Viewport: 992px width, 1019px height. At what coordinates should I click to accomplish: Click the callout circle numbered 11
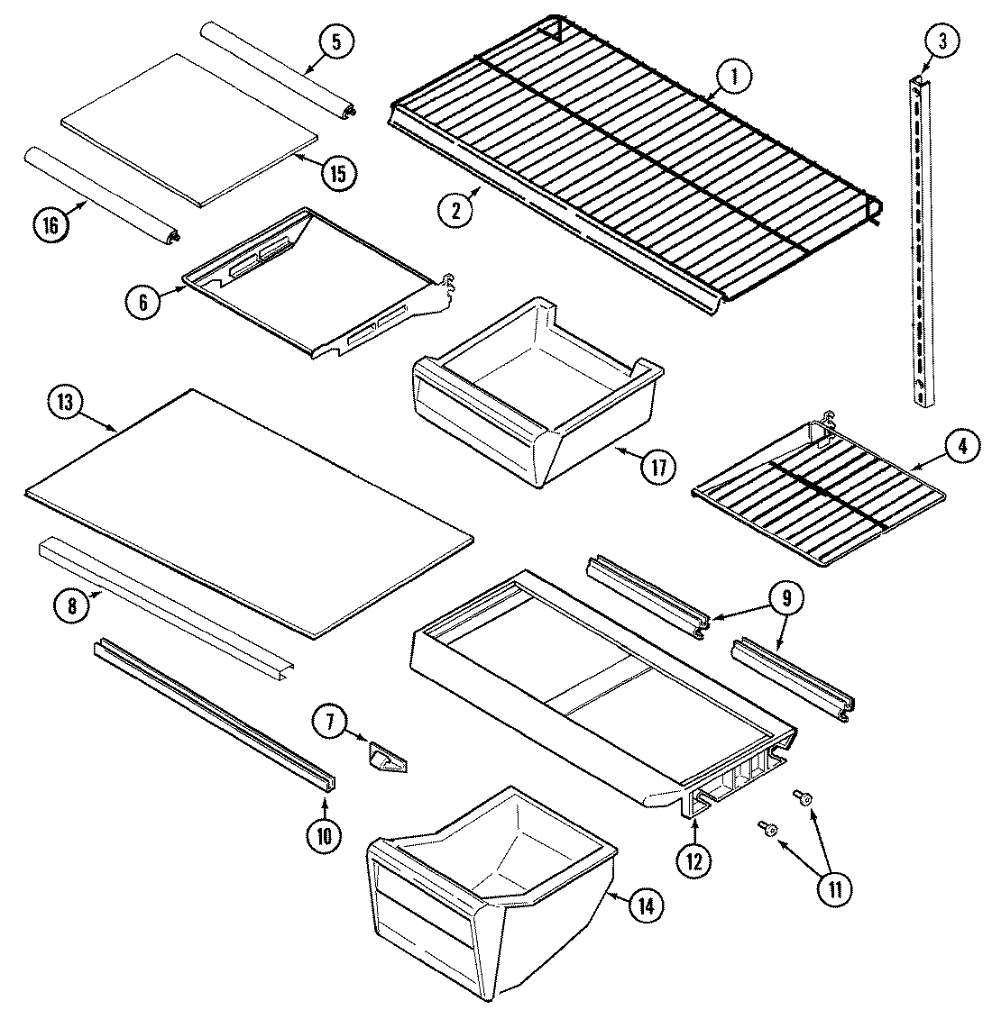832,888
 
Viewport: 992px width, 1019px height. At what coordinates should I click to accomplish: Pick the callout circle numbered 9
785,596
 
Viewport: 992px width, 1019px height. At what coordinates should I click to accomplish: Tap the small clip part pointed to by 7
386,754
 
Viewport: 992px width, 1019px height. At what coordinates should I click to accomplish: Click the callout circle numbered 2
456,209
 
